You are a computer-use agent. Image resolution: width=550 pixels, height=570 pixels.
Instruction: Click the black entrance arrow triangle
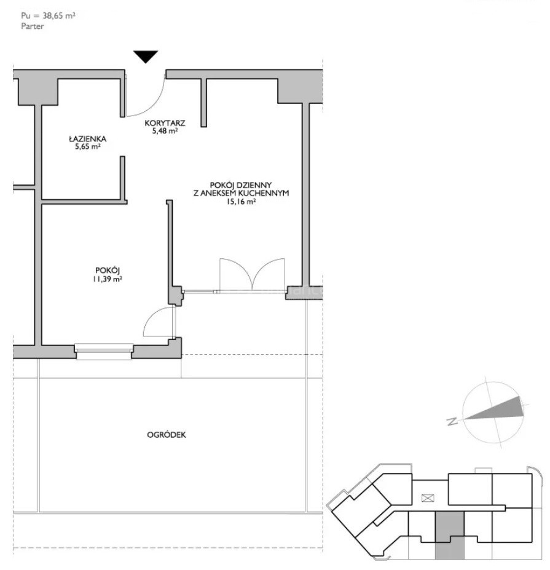click(146, 55)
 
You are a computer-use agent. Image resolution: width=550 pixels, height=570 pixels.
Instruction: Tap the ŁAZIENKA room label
click(87, 138)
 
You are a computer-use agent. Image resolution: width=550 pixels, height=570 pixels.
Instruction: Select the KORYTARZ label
click(165, 123)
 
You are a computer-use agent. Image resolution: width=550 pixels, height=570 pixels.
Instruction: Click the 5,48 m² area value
click(165, 131)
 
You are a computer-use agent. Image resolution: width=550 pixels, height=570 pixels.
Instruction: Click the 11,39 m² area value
click(108, 279)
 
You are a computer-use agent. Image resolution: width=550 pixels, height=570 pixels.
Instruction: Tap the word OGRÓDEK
click(167, 435)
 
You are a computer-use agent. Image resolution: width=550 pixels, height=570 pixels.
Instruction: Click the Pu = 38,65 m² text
click(49, 15)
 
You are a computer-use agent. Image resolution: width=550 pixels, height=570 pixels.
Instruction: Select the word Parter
click(33, 26)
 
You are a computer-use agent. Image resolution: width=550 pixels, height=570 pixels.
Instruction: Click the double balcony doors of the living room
click(252, 274)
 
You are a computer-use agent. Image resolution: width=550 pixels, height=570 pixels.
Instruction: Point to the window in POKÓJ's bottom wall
click(103, 352)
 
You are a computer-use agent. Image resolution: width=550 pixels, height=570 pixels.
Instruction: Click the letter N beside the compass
click(452, 422)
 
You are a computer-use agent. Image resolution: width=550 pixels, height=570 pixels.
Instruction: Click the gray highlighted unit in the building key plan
click(449, 534)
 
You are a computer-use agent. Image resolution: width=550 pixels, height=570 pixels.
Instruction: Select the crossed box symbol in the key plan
click(428, 498)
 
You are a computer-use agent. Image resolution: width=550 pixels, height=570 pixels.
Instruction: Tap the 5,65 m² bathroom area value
click(87, 146)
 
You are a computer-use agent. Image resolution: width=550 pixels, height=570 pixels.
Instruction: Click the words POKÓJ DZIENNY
click(241, 185)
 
